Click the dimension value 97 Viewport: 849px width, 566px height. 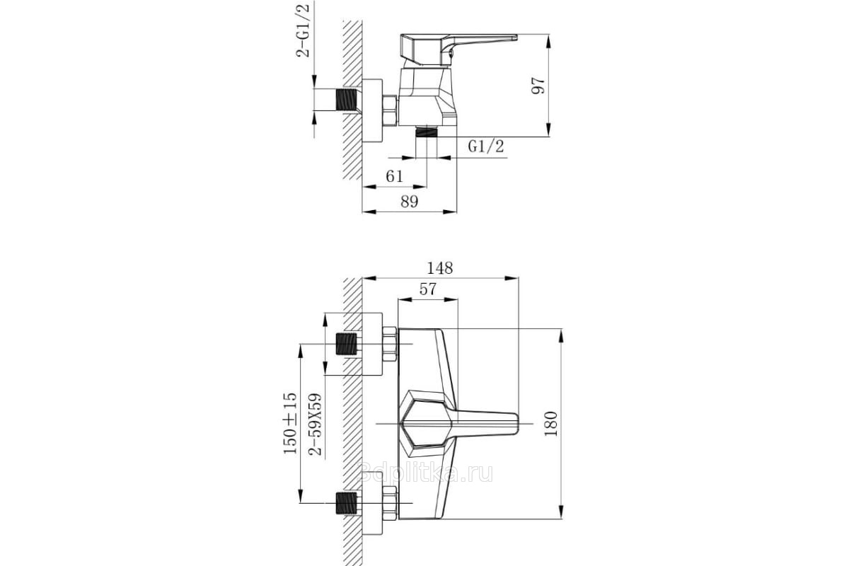click(538, 86)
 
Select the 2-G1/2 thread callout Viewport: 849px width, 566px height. click(303, 29)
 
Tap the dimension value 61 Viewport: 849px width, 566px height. click(394, 176)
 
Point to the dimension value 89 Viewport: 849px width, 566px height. click(410, 202)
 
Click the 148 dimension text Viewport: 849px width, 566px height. click(439, 268)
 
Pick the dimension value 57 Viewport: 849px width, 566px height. click(427, 289)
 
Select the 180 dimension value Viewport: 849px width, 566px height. click(550, 424)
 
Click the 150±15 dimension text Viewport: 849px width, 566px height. click(290, 423)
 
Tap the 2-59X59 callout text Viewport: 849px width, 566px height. click(315, 424)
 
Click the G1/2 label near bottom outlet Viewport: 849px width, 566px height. click(486, 146)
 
